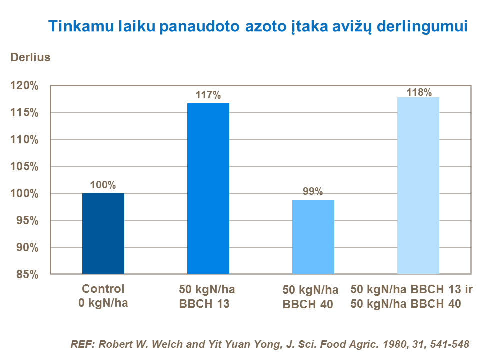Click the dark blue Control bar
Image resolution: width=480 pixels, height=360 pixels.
pyautogui.click(x=103, y=233)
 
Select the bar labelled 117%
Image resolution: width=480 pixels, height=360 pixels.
pyautogui.click(x=208, y=188)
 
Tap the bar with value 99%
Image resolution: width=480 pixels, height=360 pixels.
pyautogui.click(x=313, y=236)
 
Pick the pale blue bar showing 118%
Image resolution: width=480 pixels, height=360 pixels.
pyautogui.click(x=418, y=185)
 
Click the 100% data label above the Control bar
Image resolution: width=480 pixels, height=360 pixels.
pyautogui.click(x=103, y=185)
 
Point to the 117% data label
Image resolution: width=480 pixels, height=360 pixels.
pyautogui.click(x=208, y=95)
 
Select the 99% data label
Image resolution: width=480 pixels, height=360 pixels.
pyautogui.click(x=313, y=191)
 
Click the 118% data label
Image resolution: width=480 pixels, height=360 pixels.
pyautogui.click(x=419, y=92)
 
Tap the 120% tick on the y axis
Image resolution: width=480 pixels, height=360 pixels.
pyautogui.click(x=24, y=86)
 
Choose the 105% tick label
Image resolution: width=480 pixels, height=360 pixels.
pyautogui.click(x=24, y=167)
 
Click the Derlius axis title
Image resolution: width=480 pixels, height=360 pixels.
pyautogui.click(x=31, y=57)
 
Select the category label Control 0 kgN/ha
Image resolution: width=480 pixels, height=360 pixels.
pyautogui.click(x=103, y=296)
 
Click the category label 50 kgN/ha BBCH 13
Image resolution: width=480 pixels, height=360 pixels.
pyautogui.click(x=207, y=296)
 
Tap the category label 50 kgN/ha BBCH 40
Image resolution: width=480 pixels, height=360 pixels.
pyautogui.click(x=310, y=297)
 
